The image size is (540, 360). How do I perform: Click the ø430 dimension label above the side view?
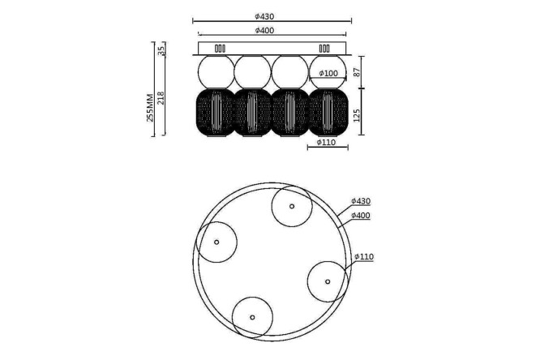point(264,16)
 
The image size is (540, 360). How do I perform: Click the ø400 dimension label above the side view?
point(264,30)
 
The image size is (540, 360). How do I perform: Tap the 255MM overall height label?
point(150,108)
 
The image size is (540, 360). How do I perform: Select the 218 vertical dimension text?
point(161,98)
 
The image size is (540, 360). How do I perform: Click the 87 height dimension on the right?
point(357,72)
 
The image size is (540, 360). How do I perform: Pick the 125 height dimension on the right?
point(357,115)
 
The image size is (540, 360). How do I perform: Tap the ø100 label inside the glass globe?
point(328,73)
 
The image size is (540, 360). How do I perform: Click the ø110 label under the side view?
point(326,142)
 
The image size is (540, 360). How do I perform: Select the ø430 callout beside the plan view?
point(361,201)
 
